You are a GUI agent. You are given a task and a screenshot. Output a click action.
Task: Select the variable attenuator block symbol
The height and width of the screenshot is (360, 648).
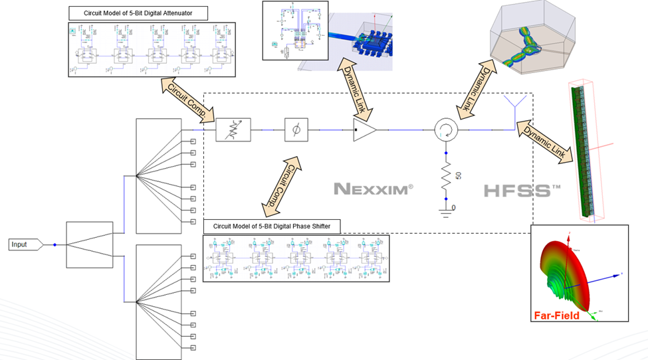tap(234, 130)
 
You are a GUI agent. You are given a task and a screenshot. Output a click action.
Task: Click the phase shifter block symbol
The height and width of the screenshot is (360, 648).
tap(296, 130)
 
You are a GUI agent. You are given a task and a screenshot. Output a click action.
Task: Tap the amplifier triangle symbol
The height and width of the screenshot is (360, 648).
tap(364, 130)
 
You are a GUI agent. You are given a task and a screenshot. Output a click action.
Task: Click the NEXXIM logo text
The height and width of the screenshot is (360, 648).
tap(373, 189)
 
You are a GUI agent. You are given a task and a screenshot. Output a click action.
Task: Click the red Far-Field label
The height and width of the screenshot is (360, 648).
tap(557, 315)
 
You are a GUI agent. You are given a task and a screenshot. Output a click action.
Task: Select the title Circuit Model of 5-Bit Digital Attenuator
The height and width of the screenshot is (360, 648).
tap(138, 13)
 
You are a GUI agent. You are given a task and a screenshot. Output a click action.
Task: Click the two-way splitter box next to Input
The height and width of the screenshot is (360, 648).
tap(89, 244)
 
